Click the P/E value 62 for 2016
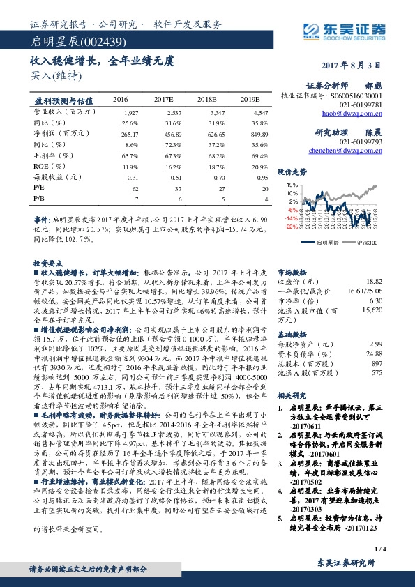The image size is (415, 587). [135, 188]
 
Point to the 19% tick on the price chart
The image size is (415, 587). [292, 185]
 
